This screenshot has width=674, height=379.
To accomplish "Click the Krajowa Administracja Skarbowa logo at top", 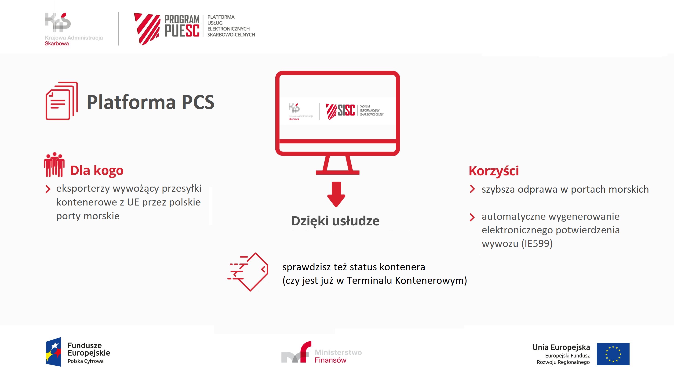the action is tap(73, 29).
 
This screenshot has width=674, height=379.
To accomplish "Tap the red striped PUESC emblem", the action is tap(147, 29).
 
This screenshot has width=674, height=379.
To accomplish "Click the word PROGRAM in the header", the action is tap(182, 20).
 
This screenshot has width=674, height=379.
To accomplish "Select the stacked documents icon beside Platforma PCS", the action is tap(62, 101).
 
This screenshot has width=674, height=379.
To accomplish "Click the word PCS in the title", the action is tap(198, 102).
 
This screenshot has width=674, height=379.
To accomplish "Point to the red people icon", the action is tap(54, 165).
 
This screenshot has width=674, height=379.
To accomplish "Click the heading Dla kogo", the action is tap(97, 170).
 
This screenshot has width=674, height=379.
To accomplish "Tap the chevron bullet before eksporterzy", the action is tap(48, 189).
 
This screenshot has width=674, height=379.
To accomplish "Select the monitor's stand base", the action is tap(338, 172).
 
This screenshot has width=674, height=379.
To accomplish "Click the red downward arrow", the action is tap(336, 194).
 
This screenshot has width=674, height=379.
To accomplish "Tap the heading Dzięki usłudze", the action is tap(335, 221).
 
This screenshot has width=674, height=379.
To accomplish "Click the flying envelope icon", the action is tap(248, 272).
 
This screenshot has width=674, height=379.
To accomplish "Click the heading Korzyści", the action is tap(494, 171).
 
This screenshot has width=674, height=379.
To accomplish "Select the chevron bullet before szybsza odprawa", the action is tap(472, 189).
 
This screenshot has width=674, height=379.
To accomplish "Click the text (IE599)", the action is tap(537, 244).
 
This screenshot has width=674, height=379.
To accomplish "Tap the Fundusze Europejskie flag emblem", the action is tap(54, 352).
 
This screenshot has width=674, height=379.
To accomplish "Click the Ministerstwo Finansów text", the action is tap(338, 356).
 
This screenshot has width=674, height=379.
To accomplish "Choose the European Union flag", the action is tap(613, 354).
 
